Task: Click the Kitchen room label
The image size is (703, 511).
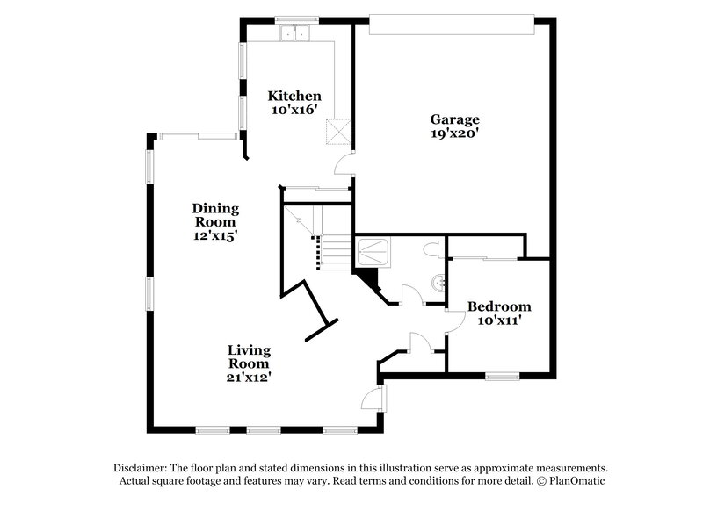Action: pos(294,96)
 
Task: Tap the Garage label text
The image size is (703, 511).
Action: pos(454,119)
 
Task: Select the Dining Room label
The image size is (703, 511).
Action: pos(216,215)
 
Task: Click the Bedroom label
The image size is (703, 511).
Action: pos(499,306)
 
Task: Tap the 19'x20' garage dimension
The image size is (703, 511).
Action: pos(454,134)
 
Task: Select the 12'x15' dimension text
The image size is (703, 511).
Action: pos(216,235)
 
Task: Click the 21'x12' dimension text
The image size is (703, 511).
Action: pos(250,378)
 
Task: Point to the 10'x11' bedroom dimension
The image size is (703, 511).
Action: pos(499,320)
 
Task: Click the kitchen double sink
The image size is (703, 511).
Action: pos(296,32)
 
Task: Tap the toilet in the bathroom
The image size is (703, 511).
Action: pos(431,250)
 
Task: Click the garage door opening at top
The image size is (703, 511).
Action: pos(452,25)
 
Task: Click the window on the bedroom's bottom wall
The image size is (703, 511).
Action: pos(502,376)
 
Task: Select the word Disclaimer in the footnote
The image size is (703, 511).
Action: pos(140,467)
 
